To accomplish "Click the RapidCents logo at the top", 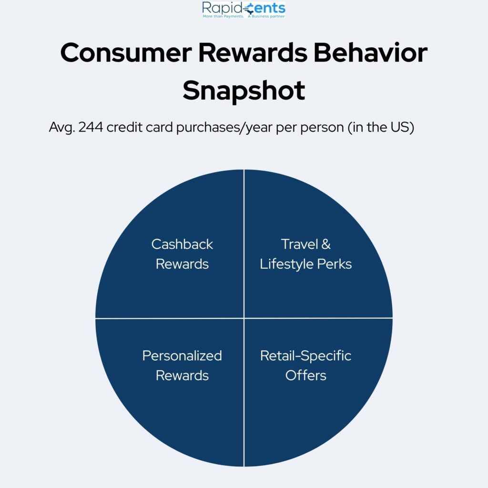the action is pyautogui.click(x=244, y=10).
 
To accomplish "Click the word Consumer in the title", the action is pyautogui.click(x=126, y=52).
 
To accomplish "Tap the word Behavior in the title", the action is pyautogui.click(x=370, y=52).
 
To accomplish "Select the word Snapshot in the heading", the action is pyautogui.click(x=244, y=91).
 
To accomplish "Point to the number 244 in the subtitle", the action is pyautogui.click(x=91, y=127).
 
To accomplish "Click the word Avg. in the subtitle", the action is pyautogui.click(x=62, y=128).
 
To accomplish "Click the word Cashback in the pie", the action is pyautogui.click(x=182, y=244).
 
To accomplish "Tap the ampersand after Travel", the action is pyautogui.click(x=326, y=244).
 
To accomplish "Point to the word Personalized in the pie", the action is pyautogui.click(x=182, y=356).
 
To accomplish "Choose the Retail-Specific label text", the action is pyautogui.click(x=305, y=356).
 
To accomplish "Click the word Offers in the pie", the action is pyautogui.click(x=305, y=376).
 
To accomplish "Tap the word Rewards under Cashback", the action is pyautogui.click(x=182, y=264).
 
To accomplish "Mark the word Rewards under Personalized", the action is pyautogui.click(x=182, y=376).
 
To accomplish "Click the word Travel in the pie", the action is pyautogui.click(x=299, y=244).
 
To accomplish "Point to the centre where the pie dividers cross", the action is pyautogui.click(x=244, y=318).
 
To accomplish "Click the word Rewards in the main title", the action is pyautogui.click(x=253, y=52).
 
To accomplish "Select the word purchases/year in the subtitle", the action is pyautogui.click(x=224, y=128).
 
